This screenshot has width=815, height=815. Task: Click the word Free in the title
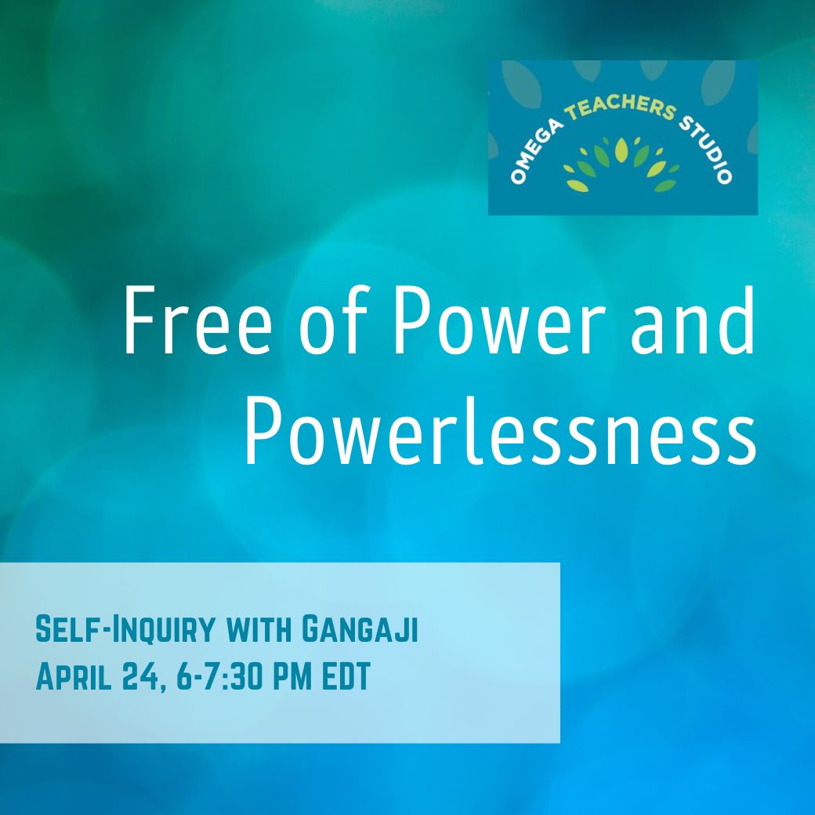click(x=197, y=320)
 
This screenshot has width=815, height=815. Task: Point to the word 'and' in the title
click(x=692, y=320)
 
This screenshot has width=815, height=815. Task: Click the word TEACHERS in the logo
click(x=621, y=107)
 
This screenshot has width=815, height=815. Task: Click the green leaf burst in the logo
click(x=621, y=164)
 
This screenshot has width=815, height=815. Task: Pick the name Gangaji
click(x=360, y=629)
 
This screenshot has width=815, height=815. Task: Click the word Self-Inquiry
click(x=125, y=629)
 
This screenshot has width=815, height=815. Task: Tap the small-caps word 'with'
click(x=259, y=629)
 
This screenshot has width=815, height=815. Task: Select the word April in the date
click(x=74, y=676)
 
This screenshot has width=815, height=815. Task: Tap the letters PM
click(x=292, y=676)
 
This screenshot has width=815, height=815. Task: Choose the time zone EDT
click(x=346, y=676)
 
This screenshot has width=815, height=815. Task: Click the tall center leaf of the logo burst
click(x=621, y=150)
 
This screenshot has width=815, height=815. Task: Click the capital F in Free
click(x=141, y=321)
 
